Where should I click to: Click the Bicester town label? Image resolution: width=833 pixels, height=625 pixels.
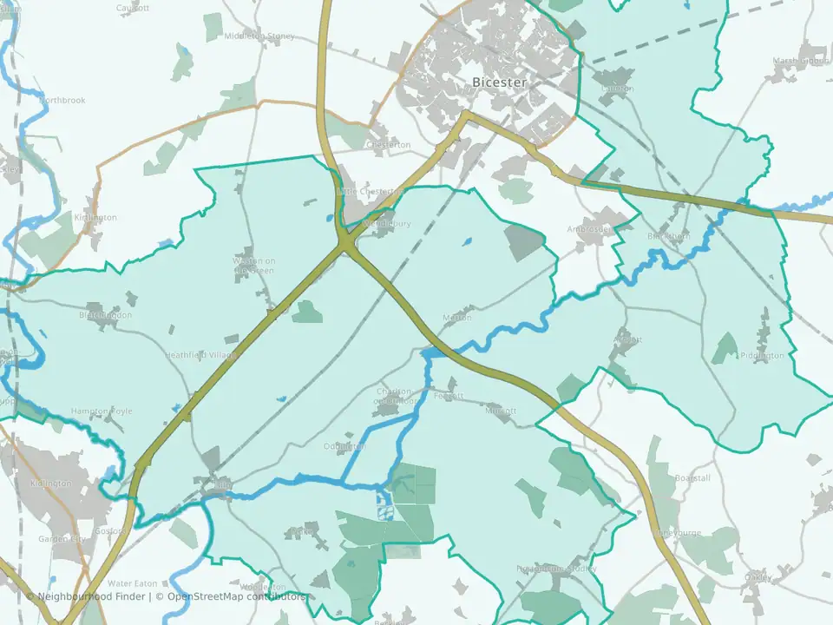[x=499, y=82]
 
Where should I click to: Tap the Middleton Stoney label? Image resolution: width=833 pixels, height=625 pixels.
[x=259, y=36]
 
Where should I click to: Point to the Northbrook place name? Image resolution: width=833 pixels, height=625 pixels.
[x=62, y=101]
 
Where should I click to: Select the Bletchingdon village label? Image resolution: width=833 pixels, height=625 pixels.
[x=105, y=315]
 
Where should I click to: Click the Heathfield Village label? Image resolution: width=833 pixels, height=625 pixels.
[x=200, y=355]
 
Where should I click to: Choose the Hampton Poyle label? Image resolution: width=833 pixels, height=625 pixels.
[x=102, y=411]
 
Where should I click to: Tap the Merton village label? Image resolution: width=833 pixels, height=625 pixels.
[x=456, y=318]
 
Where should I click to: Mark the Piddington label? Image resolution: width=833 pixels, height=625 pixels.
[x=762, y=355]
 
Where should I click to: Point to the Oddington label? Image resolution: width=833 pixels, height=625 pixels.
[x=344, y=446]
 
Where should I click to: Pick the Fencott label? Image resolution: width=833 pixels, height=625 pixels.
[x=449, y=396]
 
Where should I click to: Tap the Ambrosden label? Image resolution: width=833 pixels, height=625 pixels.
[x=589, y=229]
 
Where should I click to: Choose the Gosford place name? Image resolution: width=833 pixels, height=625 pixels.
[x=110, y=530]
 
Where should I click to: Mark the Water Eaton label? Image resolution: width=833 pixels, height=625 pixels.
[x=131, y=583]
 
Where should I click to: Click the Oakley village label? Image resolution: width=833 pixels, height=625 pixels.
[x=757, y=576]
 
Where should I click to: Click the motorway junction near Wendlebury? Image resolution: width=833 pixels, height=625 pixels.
[x=347, y=245]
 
